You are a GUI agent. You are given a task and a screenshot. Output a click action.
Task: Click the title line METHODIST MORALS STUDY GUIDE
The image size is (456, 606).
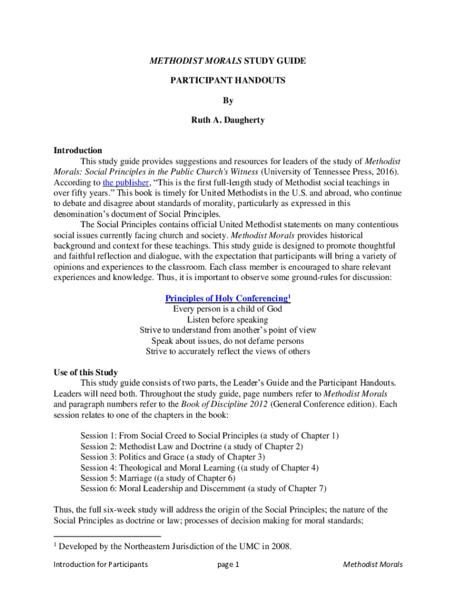click(x=227, y=61)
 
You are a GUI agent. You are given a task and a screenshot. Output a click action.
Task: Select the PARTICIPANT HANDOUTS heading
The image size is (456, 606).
click(x=227, y=80)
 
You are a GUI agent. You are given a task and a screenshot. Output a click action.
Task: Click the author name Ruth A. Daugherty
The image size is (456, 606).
click(x=227, y=120)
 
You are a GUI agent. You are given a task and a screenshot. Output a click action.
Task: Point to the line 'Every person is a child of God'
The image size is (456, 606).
click(x=227, y=309)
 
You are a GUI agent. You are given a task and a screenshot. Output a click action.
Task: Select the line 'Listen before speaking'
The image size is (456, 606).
click(x=227, y=320)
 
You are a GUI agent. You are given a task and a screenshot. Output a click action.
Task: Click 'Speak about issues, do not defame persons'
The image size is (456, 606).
click(x=227, y=341)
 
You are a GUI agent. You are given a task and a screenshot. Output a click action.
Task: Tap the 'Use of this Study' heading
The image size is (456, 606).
click(x=85, y=372)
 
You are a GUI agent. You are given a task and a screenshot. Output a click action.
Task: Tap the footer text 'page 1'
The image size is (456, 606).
click(x=228, y=565)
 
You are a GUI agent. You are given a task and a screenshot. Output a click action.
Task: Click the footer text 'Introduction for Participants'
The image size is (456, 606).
click(x=101, y=565)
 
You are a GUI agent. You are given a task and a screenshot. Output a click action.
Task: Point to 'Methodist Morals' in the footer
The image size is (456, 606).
click(x=372, y=565)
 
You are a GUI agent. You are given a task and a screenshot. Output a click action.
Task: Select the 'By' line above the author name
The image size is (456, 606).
click(x=227, y=100)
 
